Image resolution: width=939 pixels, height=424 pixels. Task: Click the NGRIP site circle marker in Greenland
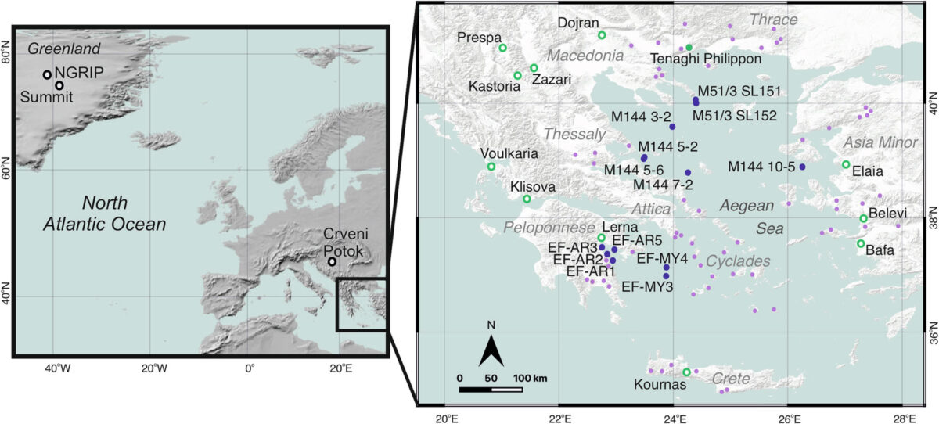(x=48, y=75)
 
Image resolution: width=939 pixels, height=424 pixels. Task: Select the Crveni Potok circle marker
(x=333, y=262)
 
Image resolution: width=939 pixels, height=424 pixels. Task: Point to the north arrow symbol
(x=491, y=350)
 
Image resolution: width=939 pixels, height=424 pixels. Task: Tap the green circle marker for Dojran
(x=602, y=35)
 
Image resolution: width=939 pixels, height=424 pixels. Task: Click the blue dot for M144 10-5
(x=802, y=167)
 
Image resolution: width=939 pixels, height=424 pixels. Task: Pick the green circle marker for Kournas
(x=686, y=372)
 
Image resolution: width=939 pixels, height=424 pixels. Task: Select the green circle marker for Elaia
(x=846, y=164)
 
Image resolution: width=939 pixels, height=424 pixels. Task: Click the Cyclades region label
(x=738, y=261)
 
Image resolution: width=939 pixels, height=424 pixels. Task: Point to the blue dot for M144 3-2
(x=672, y=127)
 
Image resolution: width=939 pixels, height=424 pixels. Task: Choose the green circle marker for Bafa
(x=861, y=243)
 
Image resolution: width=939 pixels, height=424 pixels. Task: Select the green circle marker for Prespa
(x=503, y=48)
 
